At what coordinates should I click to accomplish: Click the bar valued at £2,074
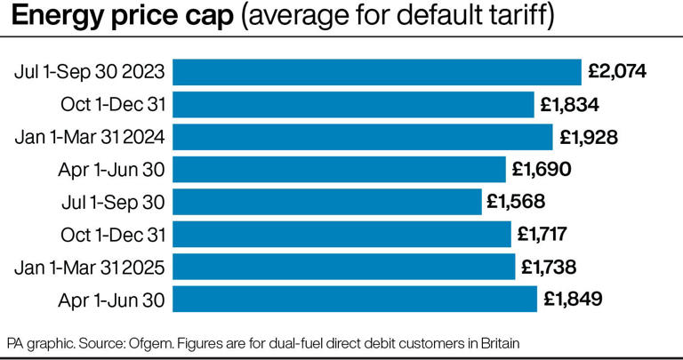coord(376,72)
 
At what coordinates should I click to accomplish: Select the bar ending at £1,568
coord(326,202)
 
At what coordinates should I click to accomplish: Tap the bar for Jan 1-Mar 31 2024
coord(363,137)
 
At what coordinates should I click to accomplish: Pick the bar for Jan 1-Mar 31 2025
coord(343,267)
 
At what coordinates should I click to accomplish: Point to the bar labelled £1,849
coord(354,299)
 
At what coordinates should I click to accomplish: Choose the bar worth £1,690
coord(339,169)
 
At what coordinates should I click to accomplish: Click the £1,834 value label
coord(569,105)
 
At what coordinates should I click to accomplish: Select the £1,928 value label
coord(588,137)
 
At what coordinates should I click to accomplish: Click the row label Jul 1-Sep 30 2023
coord(90,72)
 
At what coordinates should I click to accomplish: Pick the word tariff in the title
coord(525,16)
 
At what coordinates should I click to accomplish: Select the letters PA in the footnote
coord(15,342)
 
